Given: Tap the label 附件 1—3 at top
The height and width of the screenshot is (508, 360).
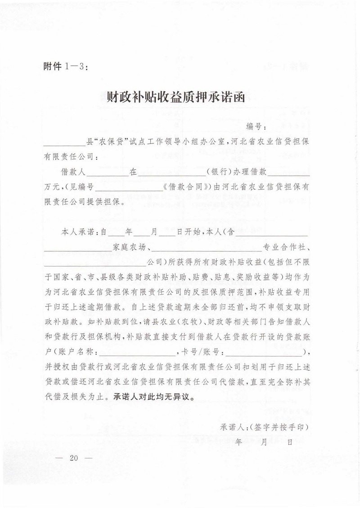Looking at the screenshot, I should point(65,67).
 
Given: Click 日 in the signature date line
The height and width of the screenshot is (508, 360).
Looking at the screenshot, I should point(290,441).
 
